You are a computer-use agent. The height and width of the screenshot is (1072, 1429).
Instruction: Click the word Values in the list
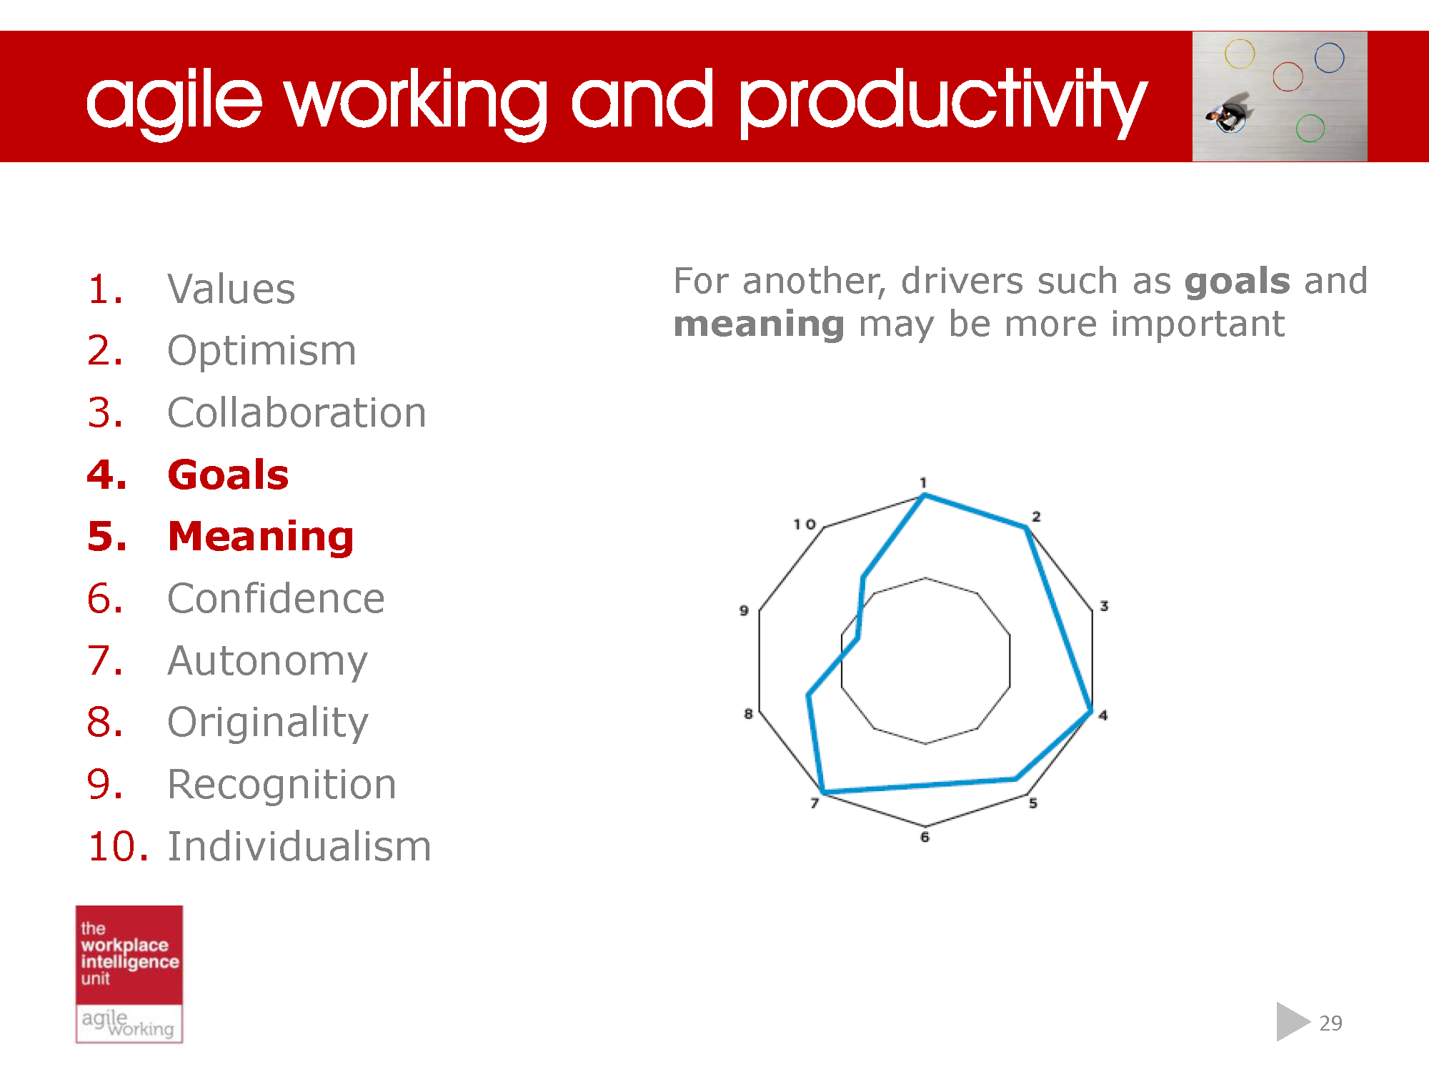tap(231, 289)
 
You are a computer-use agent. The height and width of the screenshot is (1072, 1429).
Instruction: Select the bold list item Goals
tap(228, 475)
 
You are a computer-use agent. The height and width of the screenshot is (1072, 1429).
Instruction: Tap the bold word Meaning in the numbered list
tap(260, 537)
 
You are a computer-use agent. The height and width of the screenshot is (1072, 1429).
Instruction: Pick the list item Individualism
tap(299, 846)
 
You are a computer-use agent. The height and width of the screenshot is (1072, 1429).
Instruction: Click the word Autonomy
tap(267, 660)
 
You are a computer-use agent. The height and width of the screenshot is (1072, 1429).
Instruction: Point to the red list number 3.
tap(104, 413)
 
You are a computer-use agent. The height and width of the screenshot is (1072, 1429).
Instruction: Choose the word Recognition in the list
tap(282, 785)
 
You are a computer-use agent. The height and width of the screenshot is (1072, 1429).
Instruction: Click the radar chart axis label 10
tap(805, 525)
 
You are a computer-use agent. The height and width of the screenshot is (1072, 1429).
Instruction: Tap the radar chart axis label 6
tap(925, 837)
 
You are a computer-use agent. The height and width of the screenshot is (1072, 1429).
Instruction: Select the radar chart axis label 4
tap(1103, 715)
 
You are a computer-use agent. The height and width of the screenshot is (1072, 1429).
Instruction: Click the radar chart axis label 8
tap(748, 713)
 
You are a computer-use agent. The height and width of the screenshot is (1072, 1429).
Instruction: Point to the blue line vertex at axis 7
tap(824, 792)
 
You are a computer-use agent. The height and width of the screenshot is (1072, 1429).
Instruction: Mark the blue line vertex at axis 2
tap(1026, 527)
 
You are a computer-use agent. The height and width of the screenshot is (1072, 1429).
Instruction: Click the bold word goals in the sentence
tap(1237, 281)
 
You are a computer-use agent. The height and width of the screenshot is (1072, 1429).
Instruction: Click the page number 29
tap(1330, 1023)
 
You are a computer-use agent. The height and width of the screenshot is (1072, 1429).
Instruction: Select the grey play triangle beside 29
tap(1290, 1022)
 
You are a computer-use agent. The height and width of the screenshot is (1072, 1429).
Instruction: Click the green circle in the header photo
tap(1310, 129)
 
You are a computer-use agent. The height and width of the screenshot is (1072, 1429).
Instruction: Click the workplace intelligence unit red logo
tap(129, 954)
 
